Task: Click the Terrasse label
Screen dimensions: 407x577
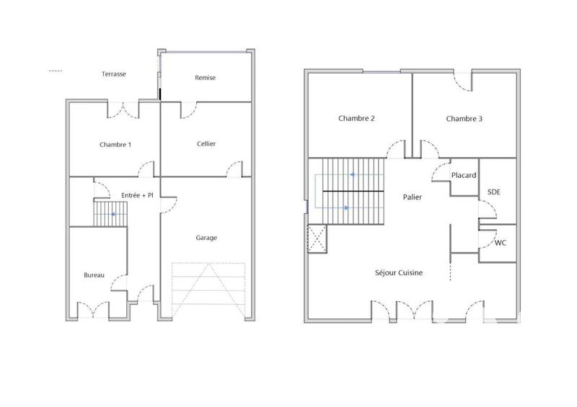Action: point(114,74)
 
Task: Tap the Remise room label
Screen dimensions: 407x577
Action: point(206,78)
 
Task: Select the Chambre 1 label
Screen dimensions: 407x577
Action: point(115,145)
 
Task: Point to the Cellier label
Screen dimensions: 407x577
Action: point(206,144)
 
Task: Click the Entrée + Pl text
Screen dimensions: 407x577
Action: point(137,195)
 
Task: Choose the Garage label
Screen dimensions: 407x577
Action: point(206,238)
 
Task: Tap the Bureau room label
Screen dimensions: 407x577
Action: point(94,275)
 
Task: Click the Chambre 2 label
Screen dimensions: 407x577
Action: point(356,119)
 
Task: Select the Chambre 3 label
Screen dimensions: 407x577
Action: point(464,119)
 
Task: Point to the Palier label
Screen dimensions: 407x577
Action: point(413,197)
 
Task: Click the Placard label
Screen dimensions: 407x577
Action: point(464,176)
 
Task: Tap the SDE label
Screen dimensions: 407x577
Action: point(494,192)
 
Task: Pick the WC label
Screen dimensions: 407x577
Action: point(500,243)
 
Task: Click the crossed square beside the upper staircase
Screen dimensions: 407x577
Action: point(317,239)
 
